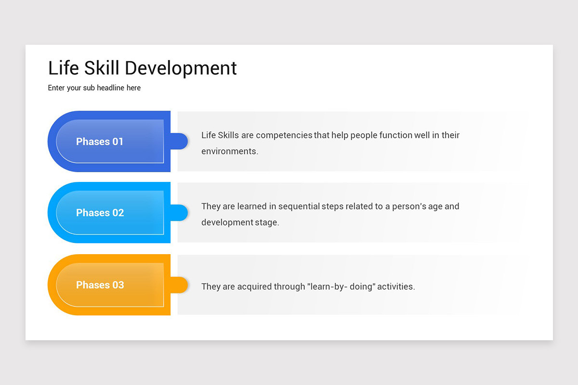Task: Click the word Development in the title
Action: click(x=181, y=68)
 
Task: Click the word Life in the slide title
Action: click(x=64, y=68)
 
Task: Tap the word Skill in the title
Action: click(x=102, y=68)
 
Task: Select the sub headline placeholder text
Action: click(x=94, y=88)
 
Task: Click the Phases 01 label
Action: click(x=100, y=141)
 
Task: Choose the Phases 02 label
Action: click(x=100, y=213)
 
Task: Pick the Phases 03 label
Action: click(x=100, y=285)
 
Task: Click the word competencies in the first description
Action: click(x=284, y=135)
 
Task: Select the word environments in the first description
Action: click(x=229, y=151)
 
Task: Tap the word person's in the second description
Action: click(x=409, y=206)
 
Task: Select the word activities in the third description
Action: click(x=395, y=287)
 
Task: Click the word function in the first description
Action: click(x=396, y=135)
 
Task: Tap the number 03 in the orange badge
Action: click(x=118, y=285)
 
